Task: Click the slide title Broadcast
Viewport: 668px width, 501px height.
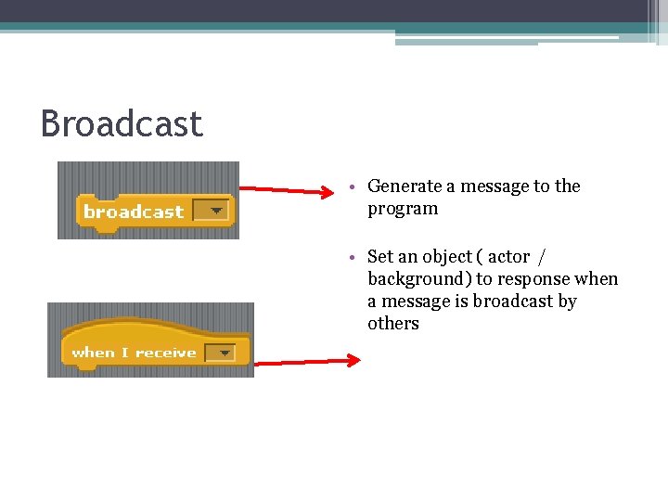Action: click(x=122, y=124)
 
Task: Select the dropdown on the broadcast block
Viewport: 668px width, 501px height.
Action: click(x=214, y=212)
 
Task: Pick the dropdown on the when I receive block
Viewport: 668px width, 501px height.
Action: click(x=220, y=353)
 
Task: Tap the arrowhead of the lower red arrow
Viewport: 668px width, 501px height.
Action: click(x=353, y=361)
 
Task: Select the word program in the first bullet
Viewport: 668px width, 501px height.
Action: click(x=403, y=209)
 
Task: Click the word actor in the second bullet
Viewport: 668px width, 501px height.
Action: click(x=508, y=257)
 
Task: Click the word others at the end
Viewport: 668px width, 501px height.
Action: click(x=393, y=324)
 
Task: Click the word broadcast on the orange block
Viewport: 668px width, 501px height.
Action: click(x=134, y=212)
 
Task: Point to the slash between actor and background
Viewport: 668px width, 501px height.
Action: click(x=541, y=257)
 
